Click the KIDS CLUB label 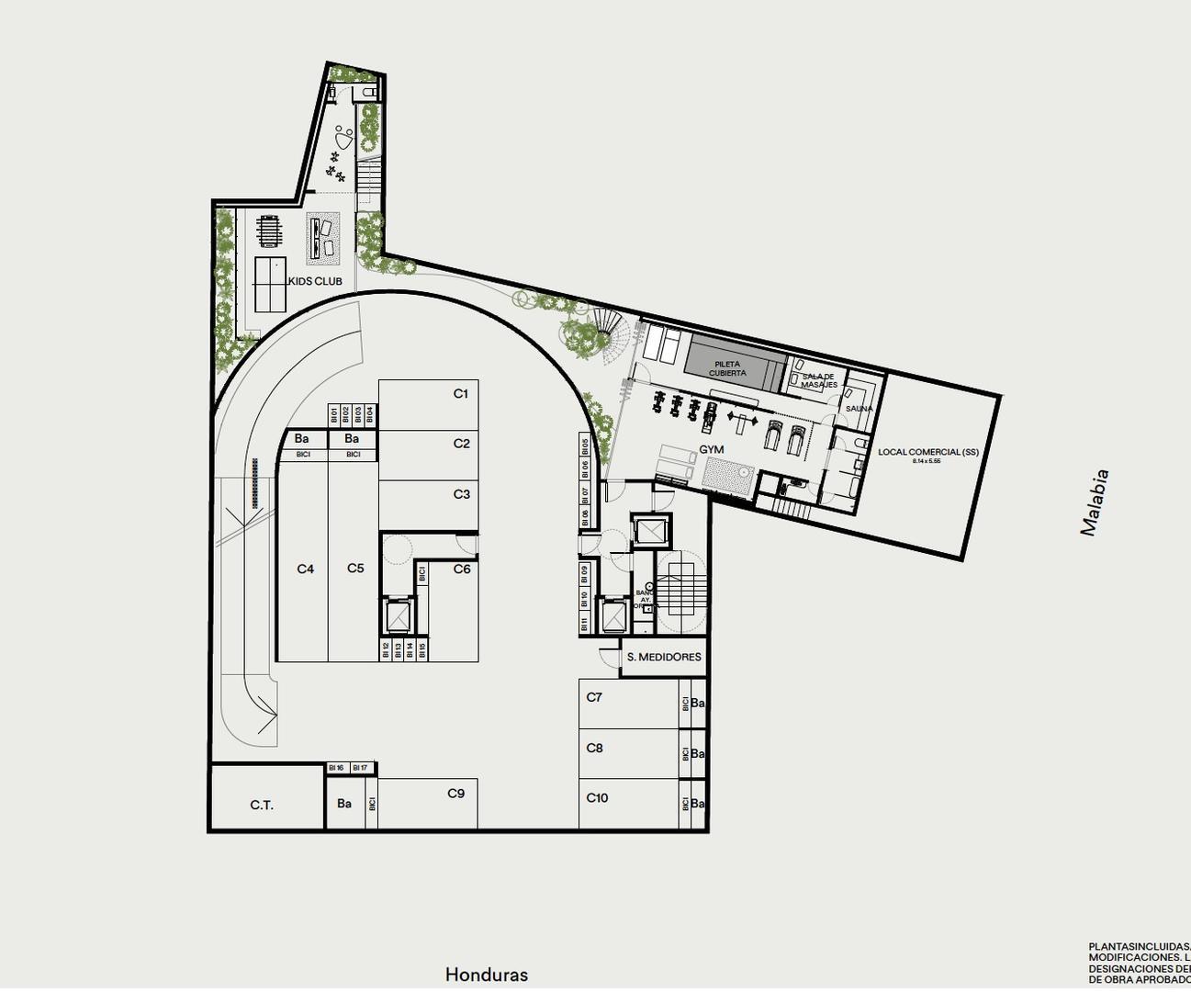(x=315, y=281)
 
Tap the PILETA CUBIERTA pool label (x=727, y=368)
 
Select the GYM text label (x=712, y=449)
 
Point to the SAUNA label (x=859, y=409)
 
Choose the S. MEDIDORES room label (x=664, y=657)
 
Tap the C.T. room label (x=262, y=806)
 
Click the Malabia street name (x=1095, y=502)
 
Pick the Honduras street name (x=487, y=975)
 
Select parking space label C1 (x=461, y=393)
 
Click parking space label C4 (x=306, y=569)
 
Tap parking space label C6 (x=462, y=569)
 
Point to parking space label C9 (x=456, y=794)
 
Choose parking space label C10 (x=597, y=797)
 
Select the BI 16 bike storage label (x=336, y=768)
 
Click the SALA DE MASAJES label (x=818, y=380)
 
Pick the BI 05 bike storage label (x=585, y=445)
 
